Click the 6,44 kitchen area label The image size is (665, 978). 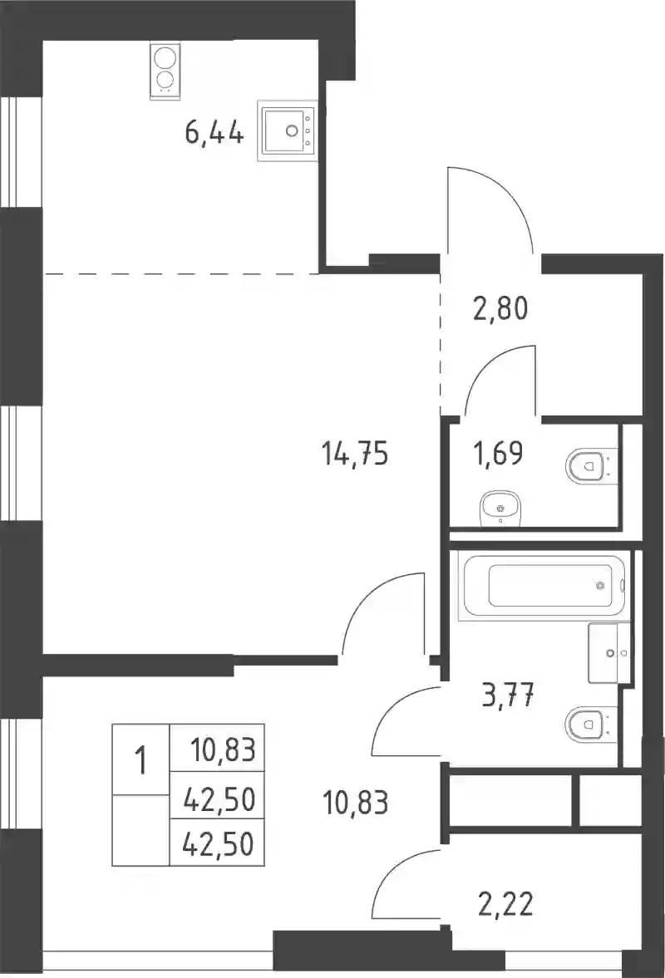214,132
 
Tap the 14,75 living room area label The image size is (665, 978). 355,453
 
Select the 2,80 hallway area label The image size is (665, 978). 500,308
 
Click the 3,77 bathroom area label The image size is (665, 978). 509,695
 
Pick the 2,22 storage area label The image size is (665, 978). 506,904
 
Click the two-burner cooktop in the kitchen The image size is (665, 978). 164,70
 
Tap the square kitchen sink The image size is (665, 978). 287,130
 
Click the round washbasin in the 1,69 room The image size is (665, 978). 500,509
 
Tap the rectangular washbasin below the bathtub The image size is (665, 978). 608,652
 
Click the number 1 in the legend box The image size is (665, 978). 141,761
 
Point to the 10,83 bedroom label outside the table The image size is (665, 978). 356,803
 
